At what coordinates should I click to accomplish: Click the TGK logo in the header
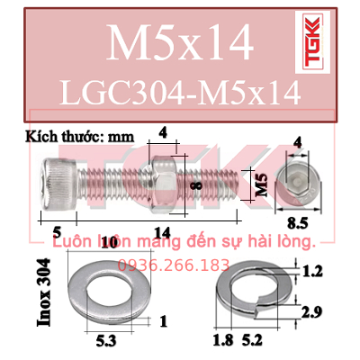312,41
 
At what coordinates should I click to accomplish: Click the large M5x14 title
180,42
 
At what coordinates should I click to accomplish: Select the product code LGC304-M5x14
180,93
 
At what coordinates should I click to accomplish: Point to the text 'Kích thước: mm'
79,137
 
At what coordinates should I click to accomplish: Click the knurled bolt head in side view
59,184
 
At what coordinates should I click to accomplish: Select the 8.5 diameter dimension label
298,223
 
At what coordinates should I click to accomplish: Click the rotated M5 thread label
262,185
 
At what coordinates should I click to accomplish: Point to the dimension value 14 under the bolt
162,232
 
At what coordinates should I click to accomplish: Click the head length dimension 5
57,231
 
